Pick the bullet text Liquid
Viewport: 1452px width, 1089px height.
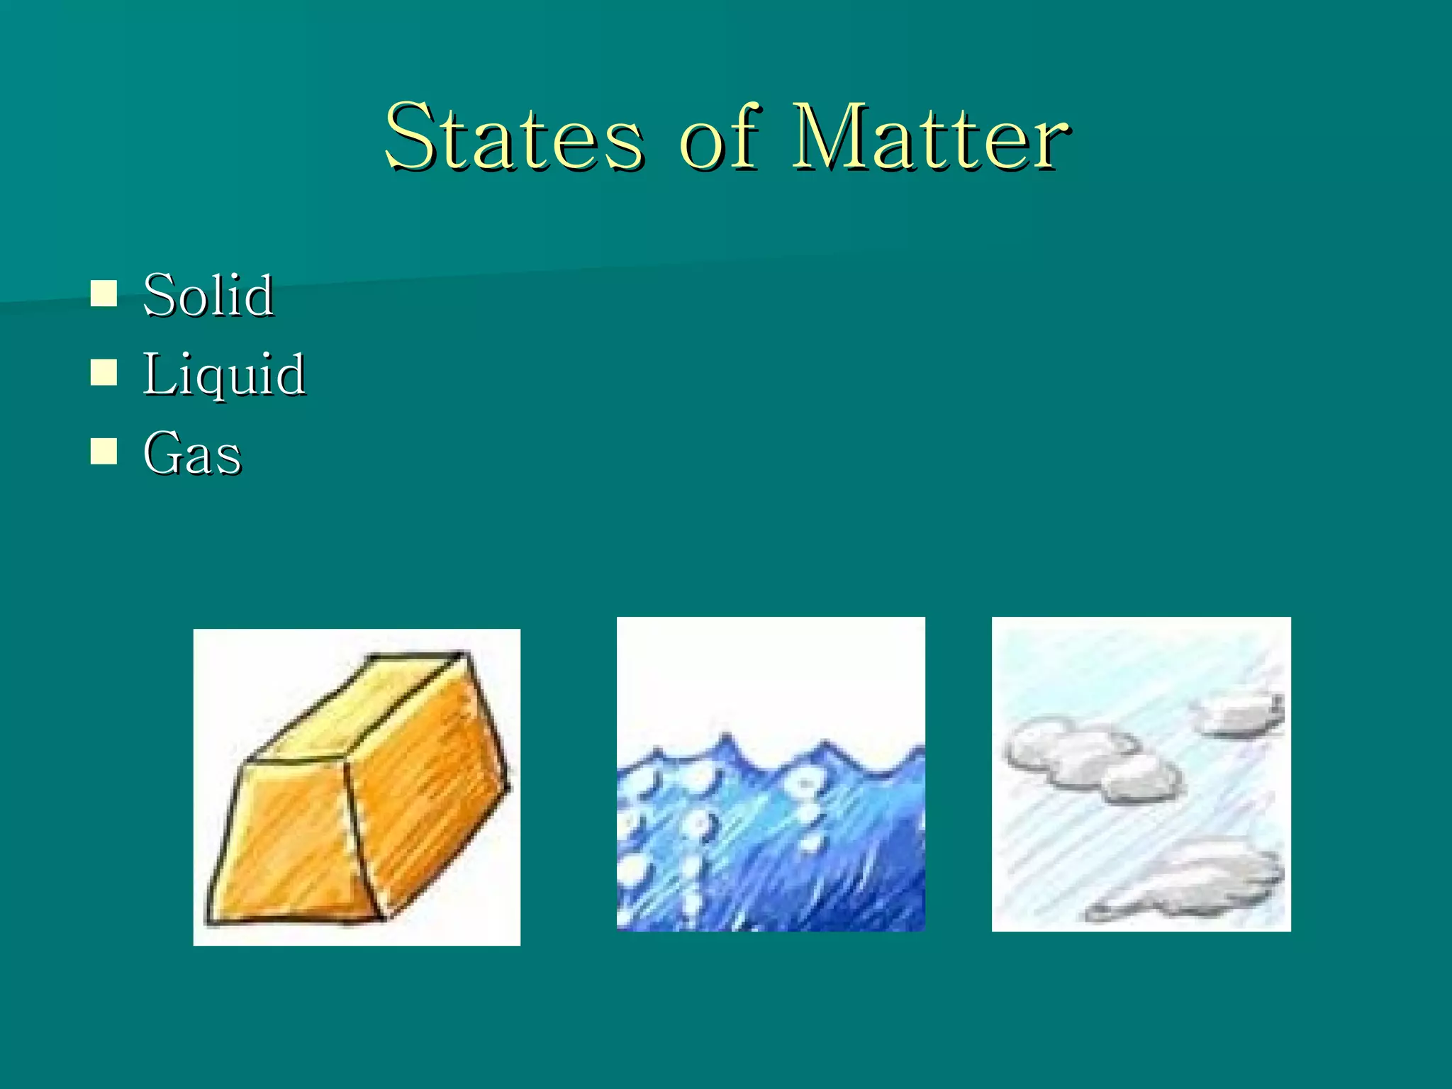(224, 375)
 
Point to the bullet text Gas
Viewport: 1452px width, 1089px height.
(192, 454)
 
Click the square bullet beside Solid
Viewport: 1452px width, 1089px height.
(104, 293)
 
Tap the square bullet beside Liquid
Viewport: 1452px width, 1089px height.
(104, 372)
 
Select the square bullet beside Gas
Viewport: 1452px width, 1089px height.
(104, 451)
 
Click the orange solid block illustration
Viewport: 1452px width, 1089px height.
(357, 787)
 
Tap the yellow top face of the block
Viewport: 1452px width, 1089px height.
(362, 709)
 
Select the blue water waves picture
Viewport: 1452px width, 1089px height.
(771, 837)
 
